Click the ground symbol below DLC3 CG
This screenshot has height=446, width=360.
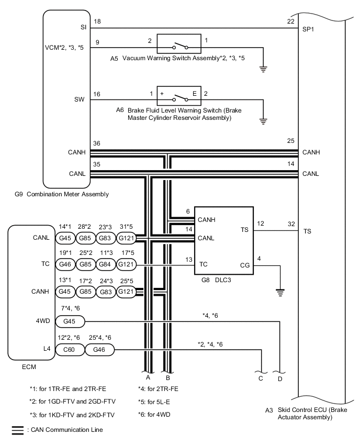280,292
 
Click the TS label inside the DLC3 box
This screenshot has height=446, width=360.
244,230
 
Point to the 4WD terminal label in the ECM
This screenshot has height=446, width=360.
43,321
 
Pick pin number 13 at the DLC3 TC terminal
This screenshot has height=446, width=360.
187,259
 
